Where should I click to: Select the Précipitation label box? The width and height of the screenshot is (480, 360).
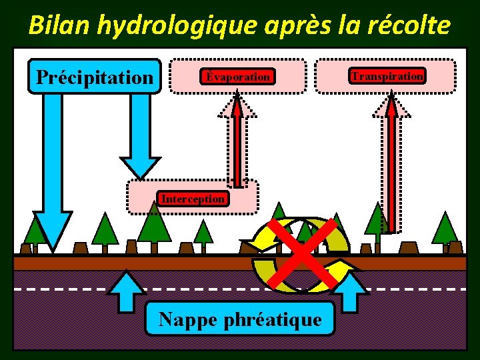click(x=95, y=77)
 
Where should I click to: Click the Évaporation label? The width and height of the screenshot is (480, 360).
click(x=238, y=77)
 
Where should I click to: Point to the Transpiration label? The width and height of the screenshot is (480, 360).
click(x=387, y=76)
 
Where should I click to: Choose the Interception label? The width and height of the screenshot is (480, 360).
click(x=193, y=198)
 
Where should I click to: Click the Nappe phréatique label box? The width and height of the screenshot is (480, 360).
click(x=240, y=319)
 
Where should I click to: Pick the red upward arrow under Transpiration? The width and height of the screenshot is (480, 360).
click(x=391, y=163)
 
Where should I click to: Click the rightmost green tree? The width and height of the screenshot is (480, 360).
click(x=445, y=230)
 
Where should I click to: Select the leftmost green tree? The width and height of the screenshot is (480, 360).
click(x=33, y=232)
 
